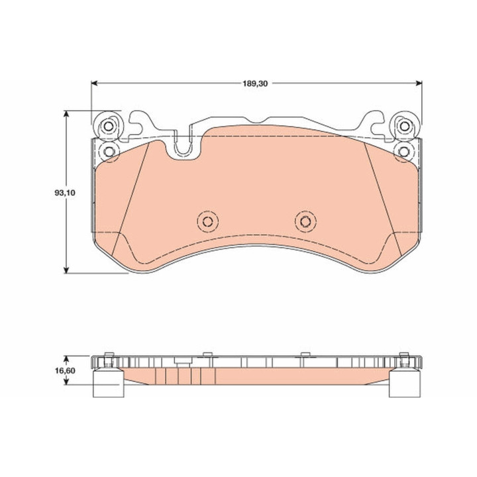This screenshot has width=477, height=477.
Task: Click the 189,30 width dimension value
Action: tap(255, 83)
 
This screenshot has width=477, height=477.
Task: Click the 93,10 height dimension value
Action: tap(65, 193)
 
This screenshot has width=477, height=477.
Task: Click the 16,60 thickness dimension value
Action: tap(65, 371)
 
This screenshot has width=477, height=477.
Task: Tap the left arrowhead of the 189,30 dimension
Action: tap(94, 83)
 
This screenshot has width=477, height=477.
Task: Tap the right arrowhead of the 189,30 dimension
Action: tap(419, 83)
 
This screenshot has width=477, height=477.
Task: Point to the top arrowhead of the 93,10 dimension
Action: tap(66, 114)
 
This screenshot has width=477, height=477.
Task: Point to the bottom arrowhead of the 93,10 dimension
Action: tap(66, 270)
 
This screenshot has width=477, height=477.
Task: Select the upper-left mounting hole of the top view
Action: tap(108, 126)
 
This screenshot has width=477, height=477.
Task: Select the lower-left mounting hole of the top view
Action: tap(108, 151)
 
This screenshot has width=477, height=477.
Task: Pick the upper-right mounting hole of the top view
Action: tap(404, 126)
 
